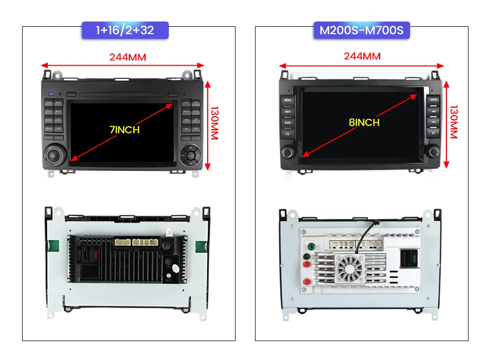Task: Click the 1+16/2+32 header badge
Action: [125, 30]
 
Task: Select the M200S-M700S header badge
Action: [362, 30]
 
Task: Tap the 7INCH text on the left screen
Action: [125, 129]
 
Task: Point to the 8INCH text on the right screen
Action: [363, 122]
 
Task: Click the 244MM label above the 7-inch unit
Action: [128, 57]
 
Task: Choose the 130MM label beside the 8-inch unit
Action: [453, 123]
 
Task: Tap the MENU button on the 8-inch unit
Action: [288, 100]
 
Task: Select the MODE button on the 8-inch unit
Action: [434, 100]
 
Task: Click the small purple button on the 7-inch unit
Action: [51, 94]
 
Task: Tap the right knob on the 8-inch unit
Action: [433, 152]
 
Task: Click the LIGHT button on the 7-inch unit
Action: [186, 103]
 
